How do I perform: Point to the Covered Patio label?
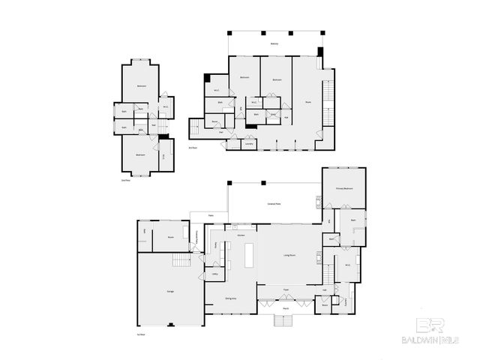coord(274,203)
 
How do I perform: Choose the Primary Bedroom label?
coord(344,189)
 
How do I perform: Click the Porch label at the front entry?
coord(286,308)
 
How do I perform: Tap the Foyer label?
coord(286,288)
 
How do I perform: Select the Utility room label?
coord(214,275)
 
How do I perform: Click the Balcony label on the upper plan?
coord(274,44)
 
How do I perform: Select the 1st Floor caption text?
coord(140,334)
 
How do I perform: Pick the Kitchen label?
coord(241,235)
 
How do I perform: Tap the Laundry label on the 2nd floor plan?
coord(248,143)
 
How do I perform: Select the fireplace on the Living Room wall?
coord(319,257)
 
